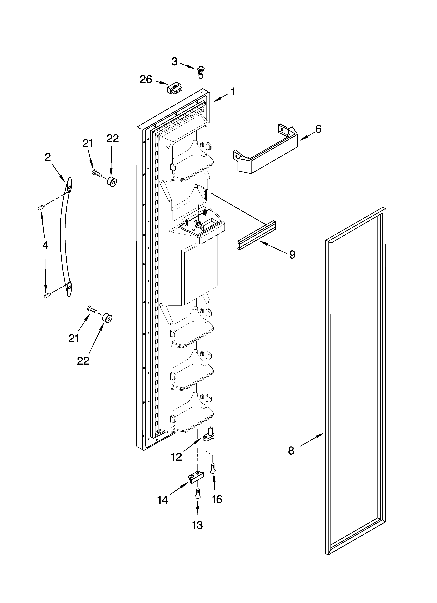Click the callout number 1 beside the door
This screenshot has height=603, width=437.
pos(233,92)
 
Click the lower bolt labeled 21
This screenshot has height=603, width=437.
pos(92,309)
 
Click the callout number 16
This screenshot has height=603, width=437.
pos(217,499)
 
